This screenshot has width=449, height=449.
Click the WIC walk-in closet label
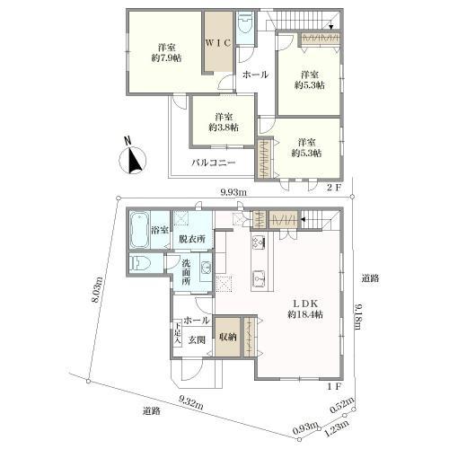point(218,43)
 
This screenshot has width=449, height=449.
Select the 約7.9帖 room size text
point(166,57)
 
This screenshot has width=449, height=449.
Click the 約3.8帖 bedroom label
point(224,128)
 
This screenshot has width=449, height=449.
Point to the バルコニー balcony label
point(214,163)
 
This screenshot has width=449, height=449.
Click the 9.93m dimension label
point(233,192)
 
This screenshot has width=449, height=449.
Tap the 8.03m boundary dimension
point(98,290)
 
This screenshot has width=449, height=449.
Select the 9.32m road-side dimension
point(191,402)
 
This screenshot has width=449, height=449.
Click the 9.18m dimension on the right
point(358,316)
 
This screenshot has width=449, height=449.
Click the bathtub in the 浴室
point(139,230)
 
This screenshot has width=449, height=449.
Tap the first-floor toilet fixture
point(142,263)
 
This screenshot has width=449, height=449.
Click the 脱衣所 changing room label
point(192,239)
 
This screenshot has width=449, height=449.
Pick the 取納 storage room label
point(227,337)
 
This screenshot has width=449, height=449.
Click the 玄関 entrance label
point(197,340)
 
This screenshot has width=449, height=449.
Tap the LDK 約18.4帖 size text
point(305,314)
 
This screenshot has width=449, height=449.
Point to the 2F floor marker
point(333,188)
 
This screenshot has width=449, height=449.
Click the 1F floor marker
point(333,386)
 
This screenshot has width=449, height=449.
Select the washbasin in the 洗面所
point(206,267)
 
